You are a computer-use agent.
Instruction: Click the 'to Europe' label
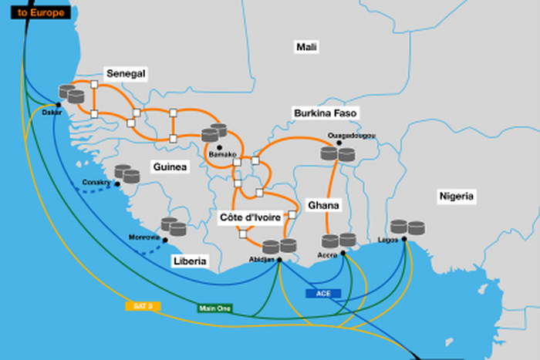point(37,12)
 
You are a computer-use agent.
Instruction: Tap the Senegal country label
point(126,73)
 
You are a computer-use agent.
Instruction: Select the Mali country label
point(307,47)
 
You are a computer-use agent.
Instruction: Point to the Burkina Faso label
point(325,113)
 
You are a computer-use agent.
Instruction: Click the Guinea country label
point(170,166)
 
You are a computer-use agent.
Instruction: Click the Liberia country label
point(190,261)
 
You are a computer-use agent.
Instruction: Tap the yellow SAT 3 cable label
point(143,306)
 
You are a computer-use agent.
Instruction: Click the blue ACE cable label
point(323,293)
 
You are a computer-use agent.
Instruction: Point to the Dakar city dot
point(58,103)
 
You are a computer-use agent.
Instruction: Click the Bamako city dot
point(220,146)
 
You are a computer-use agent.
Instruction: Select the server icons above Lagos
point(407,227)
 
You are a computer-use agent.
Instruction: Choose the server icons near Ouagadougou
point(338,154)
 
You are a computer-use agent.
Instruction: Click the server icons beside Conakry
point(127,173)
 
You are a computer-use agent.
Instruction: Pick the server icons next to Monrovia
point(173,227)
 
